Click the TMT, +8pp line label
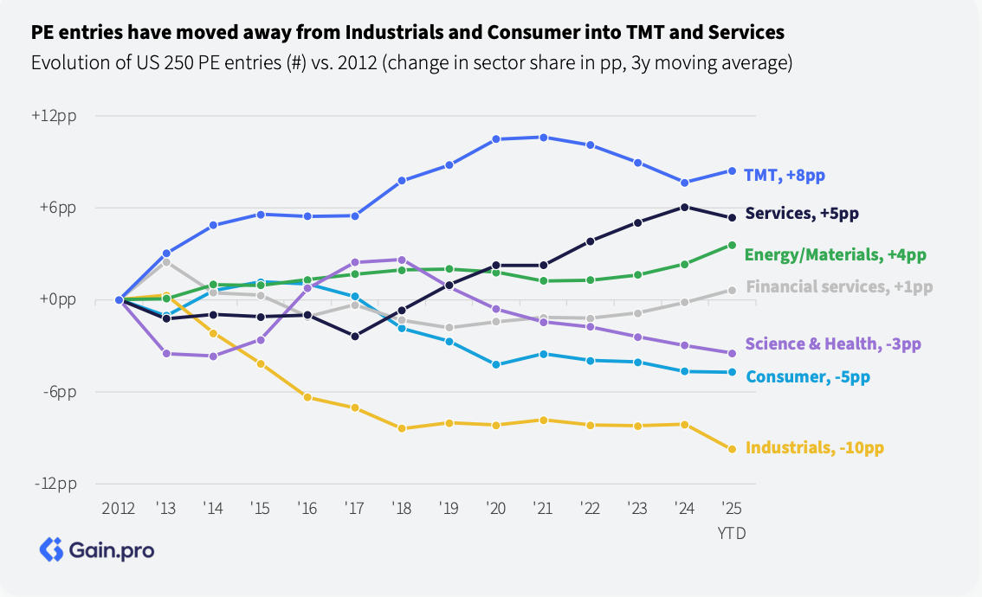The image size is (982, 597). tap(784, 175)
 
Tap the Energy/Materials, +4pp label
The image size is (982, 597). tap(836, 254)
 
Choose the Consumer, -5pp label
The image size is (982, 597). tap(808, 376)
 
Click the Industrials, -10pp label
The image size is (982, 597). tap(815, 447)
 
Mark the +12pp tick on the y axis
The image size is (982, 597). tap(55, 116)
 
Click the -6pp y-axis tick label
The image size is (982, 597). tap(57, 392)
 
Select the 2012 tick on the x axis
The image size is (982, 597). tap(120, 508)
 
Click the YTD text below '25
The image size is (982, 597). tap(731, 534)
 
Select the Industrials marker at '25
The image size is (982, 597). tap(732, 449)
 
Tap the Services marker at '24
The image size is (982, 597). tap(684, 207)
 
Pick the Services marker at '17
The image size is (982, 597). tap(355, 336)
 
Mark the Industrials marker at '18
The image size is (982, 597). tap(402, 428)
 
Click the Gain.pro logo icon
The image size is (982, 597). tap(52, 549)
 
